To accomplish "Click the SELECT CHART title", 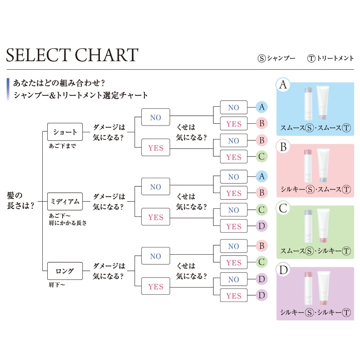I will (x=72, y=55).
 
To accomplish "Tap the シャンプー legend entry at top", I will (x=276, y=58).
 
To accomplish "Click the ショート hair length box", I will (x=65, y=132).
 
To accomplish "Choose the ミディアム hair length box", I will (x=65, y=201).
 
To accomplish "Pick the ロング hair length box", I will (x=65, y=271).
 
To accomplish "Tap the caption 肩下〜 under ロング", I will (x=57, y=285).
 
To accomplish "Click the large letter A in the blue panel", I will (x=283, y=85).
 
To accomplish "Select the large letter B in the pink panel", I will (x=283, y=147).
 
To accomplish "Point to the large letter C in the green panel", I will (x=283, y=208).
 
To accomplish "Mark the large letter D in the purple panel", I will (x=283, y=270).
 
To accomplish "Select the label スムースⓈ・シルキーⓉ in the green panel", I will (x=315, y=251).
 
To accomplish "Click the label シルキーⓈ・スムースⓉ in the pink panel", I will (x=315, y=189).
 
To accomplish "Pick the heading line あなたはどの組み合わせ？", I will (x=59, y=83).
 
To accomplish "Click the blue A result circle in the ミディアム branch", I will (x=261, y=177).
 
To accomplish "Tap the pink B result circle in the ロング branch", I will (x=261, y=246).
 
